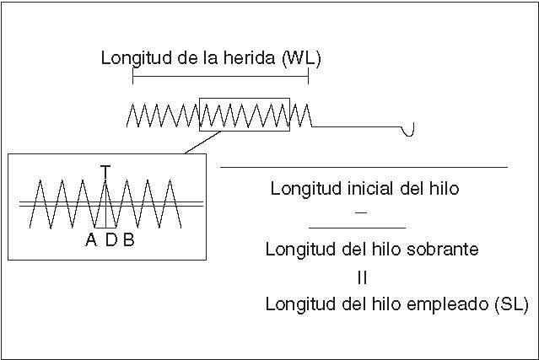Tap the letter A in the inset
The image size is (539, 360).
91,239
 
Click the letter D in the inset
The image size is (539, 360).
110,239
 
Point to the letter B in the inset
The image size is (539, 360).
128,239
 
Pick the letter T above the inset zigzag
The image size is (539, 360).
105,170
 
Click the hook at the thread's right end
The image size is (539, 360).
411,129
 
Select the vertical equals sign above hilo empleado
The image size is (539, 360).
362,277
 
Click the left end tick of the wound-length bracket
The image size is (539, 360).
133,77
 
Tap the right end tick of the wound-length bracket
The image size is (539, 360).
309,77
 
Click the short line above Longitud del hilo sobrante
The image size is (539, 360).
357,228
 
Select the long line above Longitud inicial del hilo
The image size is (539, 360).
364,168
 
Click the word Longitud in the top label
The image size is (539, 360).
129,59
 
